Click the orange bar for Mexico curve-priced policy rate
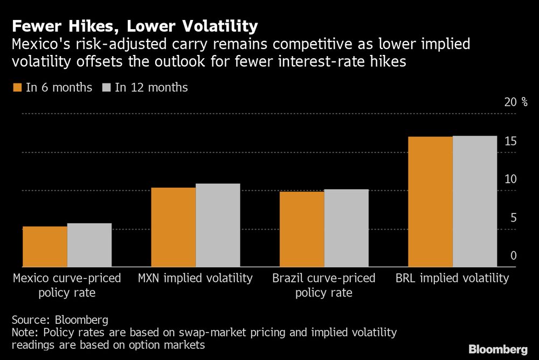point(45,247)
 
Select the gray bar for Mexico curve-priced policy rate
point(89,245)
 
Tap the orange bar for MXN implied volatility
point(174,227)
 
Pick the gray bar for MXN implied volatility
point(218,225)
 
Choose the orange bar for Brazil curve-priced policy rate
point(302,229)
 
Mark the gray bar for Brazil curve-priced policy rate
point(346,228)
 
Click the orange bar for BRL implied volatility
point(430,202)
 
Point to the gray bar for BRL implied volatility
point(474,202)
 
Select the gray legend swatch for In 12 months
point(106,87)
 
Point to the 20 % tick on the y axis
point(516,102)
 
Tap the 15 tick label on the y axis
point(511,141)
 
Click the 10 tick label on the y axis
point(511,179)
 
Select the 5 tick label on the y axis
point(514,218)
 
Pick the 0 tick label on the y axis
point(514,255)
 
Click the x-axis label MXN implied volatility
point(195,279)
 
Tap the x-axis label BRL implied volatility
point(452,279)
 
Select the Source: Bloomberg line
point(59,319)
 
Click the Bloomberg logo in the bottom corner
point(497,349)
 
